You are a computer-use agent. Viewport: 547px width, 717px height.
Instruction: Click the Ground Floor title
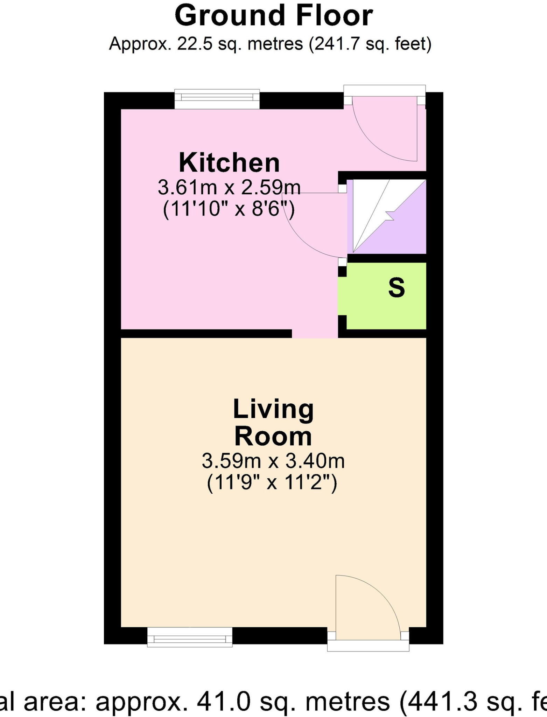(274, 16)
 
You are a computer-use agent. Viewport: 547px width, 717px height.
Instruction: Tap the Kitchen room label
(229, 163)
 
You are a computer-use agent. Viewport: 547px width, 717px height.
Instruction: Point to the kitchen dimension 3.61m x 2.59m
(229, 188)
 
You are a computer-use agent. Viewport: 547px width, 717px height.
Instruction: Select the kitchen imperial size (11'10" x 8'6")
(229, 210)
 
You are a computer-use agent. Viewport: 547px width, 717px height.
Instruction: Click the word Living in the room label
(273, 409)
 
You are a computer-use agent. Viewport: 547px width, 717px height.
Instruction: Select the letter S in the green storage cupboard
(397, 288)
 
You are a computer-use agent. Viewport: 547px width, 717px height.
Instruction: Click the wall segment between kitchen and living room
(206, 334)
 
